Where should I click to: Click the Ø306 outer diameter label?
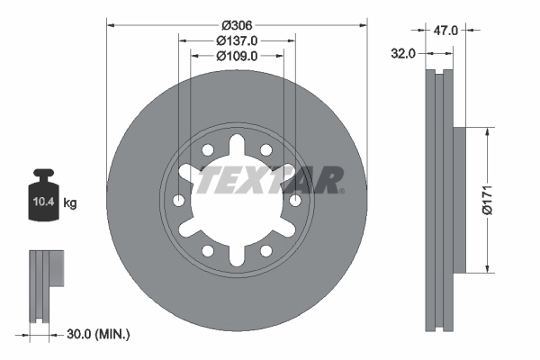click(238, 23)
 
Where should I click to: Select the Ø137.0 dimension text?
click(238, 40)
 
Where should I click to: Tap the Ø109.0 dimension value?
click(238, 55)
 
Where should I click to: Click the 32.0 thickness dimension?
click(403, 53)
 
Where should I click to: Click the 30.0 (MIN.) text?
click(99, 334)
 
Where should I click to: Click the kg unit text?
click(70, 203)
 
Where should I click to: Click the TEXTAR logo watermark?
click(270, 179)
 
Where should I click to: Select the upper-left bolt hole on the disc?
click(207, 150)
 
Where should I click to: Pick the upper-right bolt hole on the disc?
click(267, 150)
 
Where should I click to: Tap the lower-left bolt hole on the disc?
click(207, 250)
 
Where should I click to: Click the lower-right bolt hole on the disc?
click(267, 250)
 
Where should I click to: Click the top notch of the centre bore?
click(238, 144)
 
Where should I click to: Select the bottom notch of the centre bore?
click(238, 256)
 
